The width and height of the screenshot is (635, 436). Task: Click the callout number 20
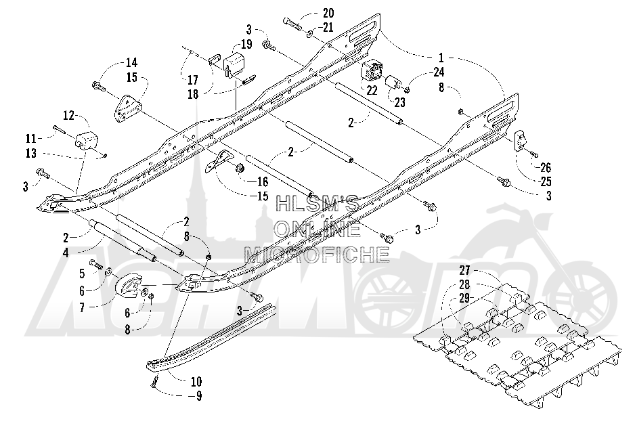(x=328, y=14)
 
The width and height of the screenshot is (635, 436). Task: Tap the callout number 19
(x=246, y=43)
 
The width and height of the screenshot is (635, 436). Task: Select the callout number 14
(x=131, y=62)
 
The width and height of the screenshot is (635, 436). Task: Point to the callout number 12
(x=69, y=115)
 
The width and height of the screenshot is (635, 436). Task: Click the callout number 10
(x=196, y=381)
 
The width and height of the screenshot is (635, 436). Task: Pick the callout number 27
(x=464, y=270)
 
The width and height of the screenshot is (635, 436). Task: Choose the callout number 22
(x=372, y=90)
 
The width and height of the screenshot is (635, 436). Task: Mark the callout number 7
(x=82, y=307)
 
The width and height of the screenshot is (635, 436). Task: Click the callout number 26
(x=546, y=167)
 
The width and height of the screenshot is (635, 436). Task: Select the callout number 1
(x=441, y=57)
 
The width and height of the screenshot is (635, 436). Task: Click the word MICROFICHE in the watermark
(x=317, y=254)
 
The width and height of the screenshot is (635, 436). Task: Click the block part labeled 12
(x=86, y=140)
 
